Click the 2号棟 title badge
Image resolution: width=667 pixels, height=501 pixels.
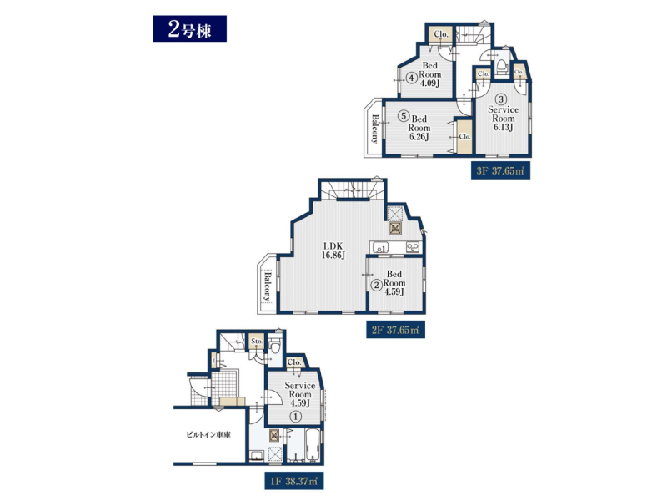coord(190,29)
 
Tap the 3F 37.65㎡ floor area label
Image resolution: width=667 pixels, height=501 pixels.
coord(500,171)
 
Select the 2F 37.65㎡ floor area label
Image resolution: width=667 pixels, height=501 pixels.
coord(395,330)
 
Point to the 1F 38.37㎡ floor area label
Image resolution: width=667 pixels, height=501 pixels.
coord(294,481)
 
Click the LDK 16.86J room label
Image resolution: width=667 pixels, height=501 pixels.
coord(333,250)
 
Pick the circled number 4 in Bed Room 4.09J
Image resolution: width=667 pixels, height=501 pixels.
coord(411,78)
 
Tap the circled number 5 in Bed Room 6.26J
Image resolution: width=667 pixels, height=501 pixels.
coord(404,115)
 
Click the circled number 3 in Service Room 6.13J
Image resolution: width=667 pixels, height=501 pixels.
coord(502,99)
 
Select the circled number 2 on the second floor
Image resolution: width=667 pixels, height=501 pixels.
coord(377,286)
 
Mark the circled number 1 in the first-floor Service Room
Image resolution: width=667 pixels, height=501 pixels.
coord(296,416)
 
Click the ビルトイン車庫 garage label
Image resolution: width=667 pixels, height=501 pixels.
coord(208,435)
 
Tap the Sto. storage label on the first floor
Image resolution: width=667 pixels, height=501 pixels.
coord(257,342)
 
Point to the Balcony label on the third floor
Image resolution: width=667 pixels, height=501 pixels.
coord(374,129)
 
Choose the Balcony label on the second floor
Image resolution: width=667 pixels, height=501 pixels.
coord(267,286)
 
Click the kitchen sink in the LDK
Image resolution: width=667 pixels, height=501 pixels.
coord(380,247)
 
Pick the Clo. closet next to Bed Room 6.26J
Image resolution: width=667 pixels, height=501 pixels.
coord(465,137)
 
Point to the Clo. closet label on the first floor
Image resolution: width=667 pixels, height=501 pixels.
coord(294,362)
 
